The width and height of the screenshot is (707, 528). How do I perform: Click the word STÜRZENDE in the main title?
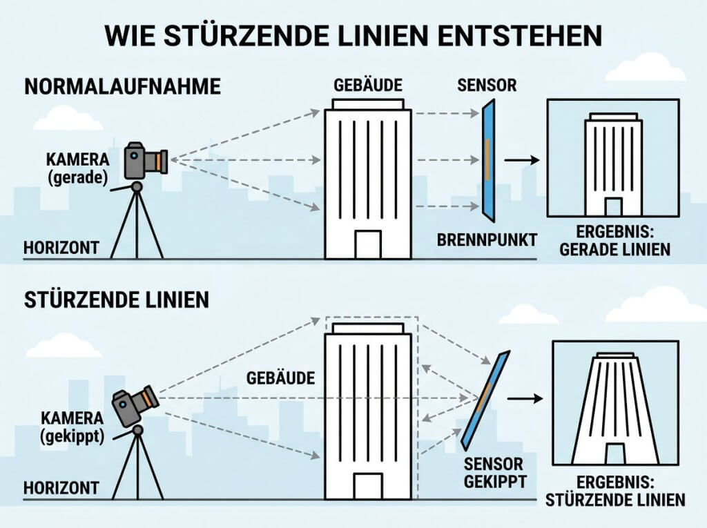tap(238, 36)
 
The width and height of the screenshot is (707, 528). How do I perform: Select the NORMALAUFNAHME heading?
tap(122, 86)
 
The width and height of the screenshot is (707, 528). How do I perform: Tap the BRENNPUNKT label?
tap(487, 240)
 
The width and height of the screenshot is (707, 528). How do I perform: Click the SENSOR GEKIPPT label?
tap(494, 473)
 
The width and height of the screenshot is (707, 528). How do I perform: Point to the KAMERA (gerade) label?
tap(77, 168)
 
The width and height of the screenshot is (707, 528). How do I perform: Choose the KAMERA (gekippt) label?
tap(72, 427)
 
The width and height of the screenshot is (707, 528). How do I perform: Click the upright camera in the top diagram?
tap(146, 160)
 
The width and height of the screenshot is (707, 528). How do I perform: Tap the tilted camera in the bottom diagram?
tap(135, 406)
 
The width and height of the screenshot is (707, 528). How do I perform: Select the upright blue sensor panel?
tap(488, 160)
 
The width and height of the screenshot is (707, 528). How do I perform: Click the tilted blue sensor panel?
tap(485, 400)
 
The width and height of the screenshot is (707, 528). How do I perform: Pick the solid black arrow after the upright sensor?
tap(522, 160)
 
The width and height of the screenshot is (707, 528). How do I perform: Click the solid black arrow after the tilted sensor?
tap(525, 399)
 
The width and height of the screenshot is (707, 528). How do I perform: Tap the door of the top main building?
tap(368, 244)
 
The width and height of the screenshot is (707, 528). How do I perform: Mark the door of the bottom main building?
tap(368, 486)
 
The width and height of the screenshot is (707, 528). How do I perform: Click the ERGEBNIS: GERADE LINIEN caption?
tap(615, 241)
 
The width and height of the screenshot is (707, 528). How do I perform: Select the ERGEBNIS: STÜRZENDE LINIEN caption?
tap(615, 491)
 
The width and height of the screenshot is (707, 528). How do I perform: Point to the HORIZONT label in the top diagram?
tap(61, 248)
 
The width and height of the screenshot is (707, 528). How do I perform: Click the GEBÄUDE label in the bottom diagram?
tap(280, 378)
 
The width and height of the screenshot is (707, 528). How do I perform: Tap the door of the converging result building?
tap(615, 453)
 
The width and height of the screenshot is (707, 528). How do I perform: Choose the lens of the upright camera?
tap(160, 162)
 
